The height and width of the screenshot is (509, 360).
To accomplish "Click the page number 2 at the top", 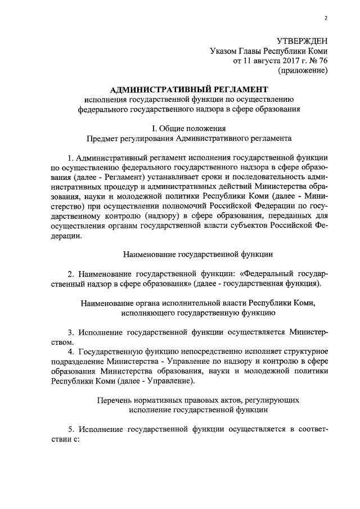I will (326, 19).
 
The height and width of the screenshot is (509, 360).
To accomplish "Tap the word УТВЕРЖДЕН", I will (302, 40).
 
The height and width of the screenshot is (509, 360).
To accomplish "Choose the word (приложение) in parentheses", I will (303, 71).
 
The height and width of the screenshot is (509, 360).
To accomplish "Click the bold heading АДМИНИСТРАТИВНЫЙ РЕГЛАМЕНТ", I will (186, 89).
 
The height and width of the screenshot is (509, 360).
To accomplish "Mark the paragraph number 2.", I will (70, 273).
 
